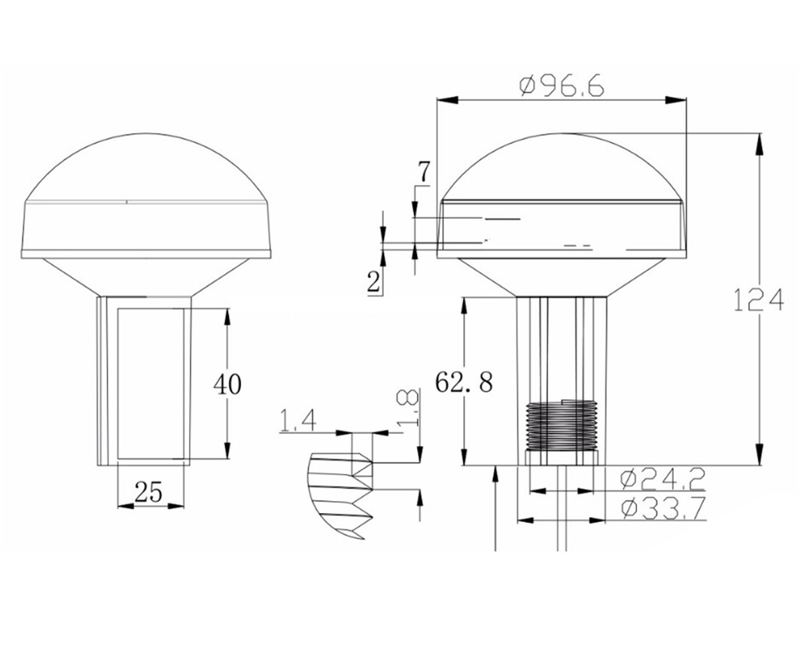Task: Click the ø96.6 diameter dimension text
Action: point(562,87)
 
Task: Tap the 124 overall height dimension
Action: point(758,300)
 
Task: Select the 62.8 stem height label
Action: point(464,382)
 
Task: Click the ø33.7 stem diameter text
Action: point(663,508)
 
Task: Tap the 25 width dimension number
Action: point(148,492)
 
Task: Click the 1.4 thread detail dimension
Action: point(298,421)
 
